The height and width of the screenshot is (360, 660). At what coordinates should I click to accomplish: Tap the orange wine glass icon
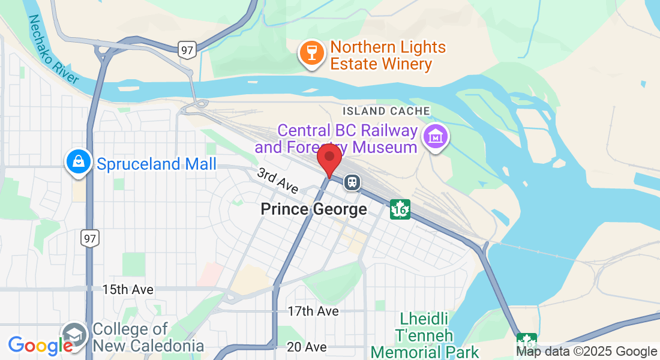(311, 53)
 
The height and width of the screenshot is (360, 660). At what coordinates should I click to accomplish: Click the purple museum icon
(436, 136)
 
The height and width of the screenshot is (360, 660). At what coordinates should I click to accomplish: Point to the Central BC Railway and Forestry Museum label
(336, 139)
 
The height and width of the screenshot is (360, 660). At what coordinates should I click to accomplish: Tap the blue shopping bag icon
(79, 161)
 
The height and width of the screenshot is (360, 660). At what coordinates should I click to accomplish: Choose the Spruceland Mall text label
(156, 164)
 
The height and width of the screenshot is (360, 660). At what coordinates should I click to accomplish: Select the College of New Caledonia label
(148, 337)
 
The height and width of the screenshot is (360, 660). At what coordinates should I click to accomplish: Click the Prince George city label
(314, 209)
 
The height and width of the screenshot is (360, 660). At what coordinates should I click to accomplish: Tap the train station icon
(352, 182)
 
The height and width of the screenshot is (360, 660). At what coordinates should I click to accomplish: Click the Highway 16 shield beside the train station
(400, 209)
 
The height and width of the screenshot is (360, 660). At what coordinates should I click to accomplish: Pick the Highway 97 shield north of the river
(188, 50)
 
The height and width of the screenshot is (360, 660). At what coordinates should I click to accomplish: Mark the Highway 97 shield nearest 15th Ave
(90, 239)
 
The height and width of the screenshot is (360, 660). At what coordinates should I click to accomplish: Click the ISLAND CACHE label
(386, 111)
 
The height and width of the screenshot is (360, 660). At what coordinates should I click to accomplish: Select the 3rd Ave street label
(278, 181)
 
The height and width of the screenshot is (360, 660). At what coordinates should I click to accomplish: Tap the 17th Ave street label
(313, 311)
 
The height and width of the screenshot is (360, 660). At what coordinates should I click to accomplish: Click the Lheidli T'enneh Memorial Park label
(425, 334)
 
